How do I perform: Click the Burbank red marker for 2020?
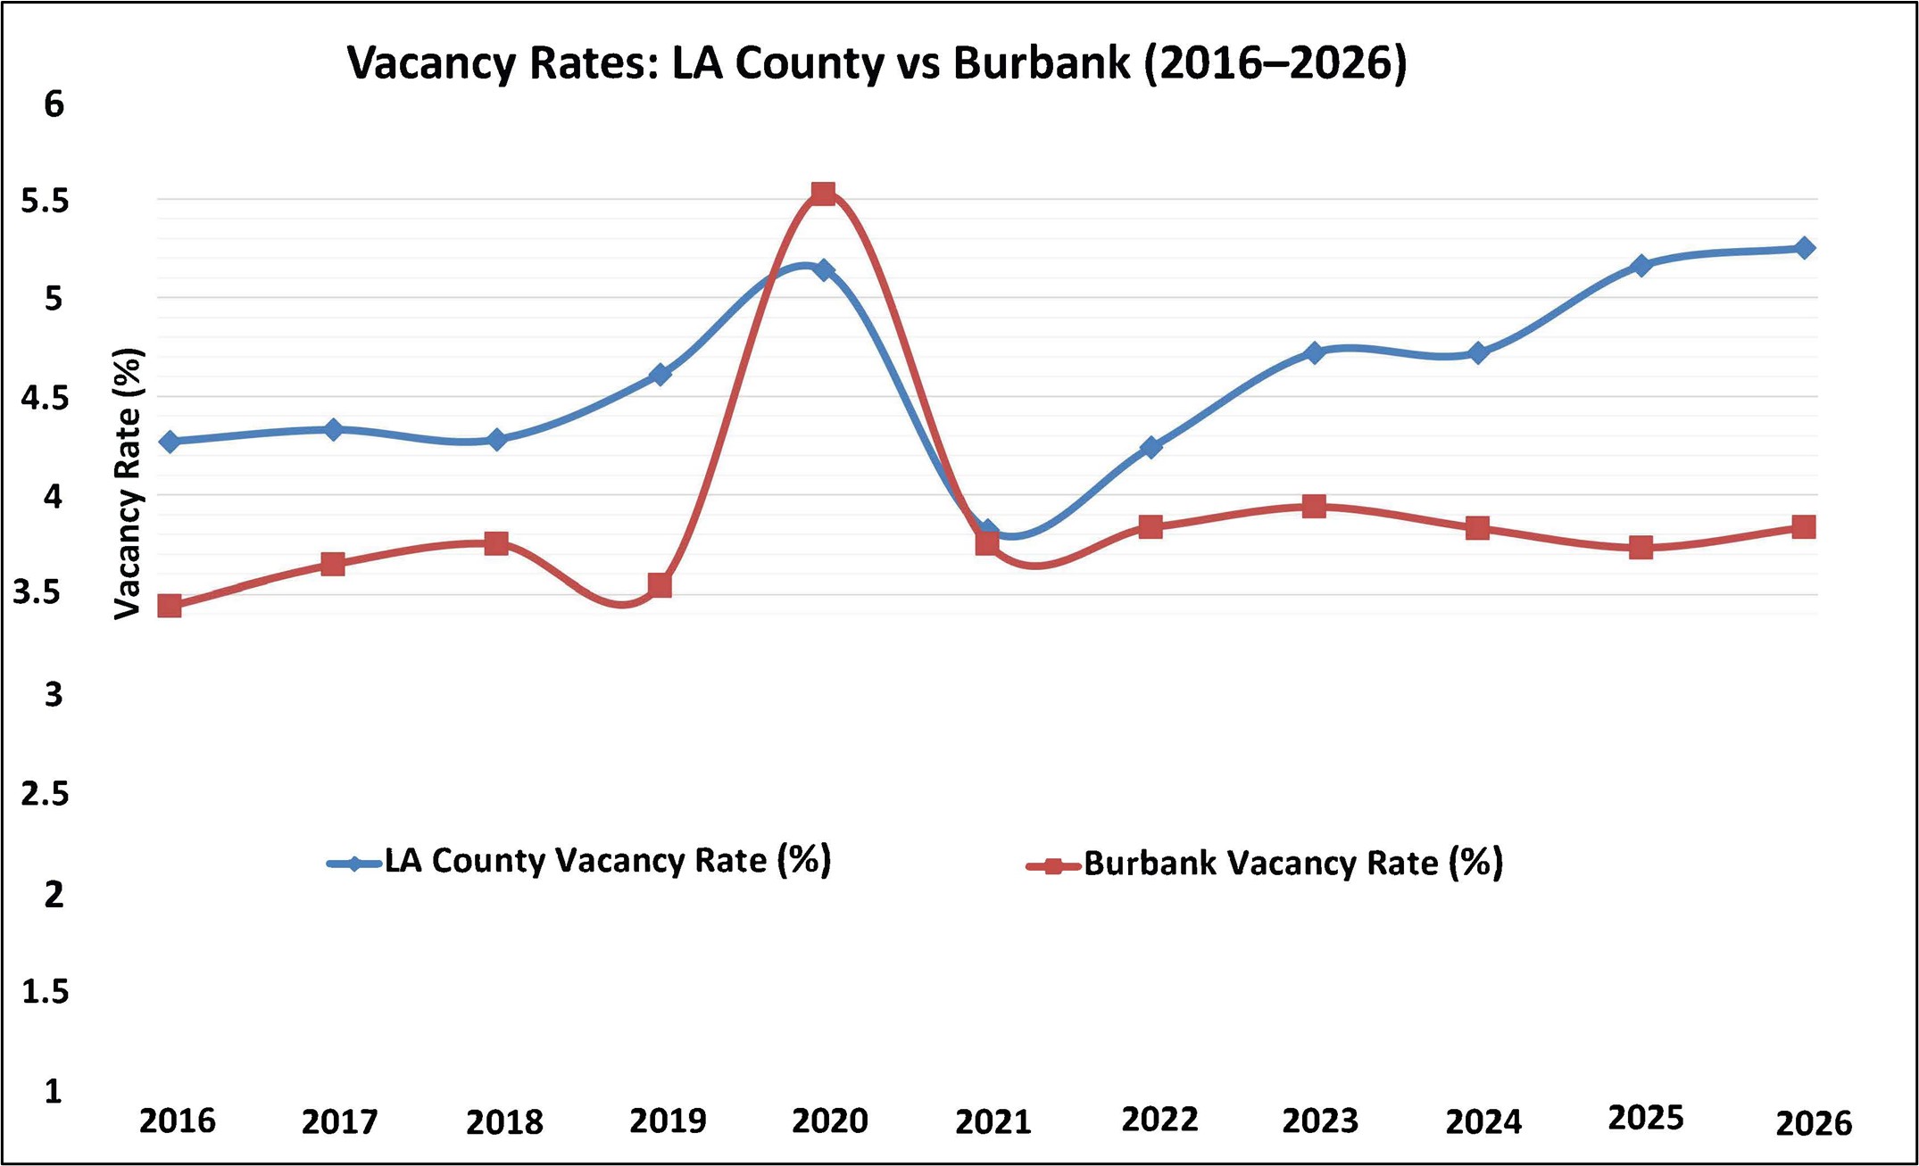823,194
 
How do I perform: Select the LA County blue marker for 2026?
1804,248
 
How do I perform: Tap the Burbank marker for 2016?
170,606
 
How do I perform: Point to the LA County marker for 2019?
660,374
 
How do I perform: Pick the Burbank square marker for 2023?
1314,507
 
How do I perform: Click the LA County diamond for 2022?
1151,447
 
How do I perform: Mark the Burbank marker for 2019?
660,585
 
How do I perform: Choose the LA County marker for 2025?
1641,266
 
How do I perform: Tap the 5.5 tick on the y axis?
45,202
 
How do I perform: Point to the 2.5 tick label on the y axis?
45,793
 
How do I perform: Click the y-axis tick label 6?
54,104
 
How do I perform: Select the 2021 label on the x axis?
993,1122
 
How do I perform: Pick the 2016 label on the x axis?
177,1121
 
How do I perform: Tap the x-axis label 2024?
1483,1122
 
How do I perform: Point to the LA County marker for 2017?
333,430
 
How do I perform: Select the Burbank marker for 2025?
1641,547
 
